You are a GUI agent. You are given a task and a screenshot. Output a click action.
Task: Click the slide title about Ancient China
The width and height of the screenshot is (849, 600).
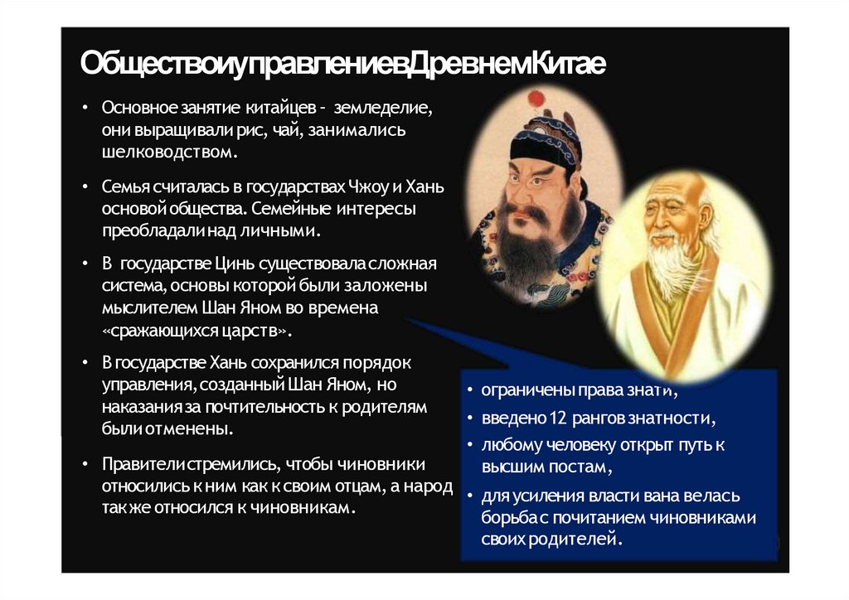click(342, 64)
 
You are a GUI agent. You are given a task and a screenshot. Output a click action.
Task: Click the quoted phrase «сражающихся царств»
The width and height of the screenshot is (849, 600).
click(198, 330)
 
